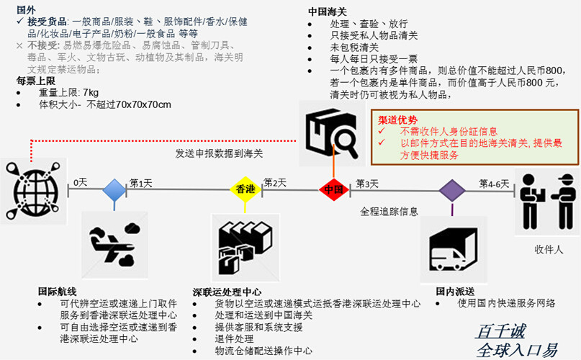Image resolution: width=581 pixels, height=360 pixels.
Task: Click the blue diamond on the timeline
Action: [114, 190]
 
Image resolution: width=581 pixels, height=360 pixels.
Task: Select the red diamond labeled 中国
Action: [333, 190]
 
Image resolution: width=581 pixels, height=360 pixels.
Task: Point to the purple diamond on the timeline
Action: [452, 190]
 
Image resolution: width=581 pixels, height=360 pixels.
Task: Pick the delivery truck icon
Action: [453, 249]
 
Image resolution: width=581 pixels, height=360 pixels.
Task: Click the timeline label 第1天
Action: [141, 183]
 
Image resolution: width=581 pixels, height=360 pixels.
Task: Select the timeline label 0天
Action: [80, 183]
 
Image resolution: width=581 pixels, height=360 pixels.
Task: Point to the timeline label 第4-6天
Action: [494, 183]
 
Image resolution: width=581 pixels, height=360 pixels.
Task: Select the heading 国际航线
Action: [58, 292]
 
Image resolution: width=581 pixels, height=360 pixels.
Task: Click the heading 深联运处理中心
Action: [227, 292]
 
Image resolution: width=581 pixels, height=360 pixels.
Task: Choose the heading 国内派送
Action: [455, 292]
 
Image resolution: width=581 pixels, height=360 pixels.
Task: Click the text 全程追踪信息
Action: [389, 212]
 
